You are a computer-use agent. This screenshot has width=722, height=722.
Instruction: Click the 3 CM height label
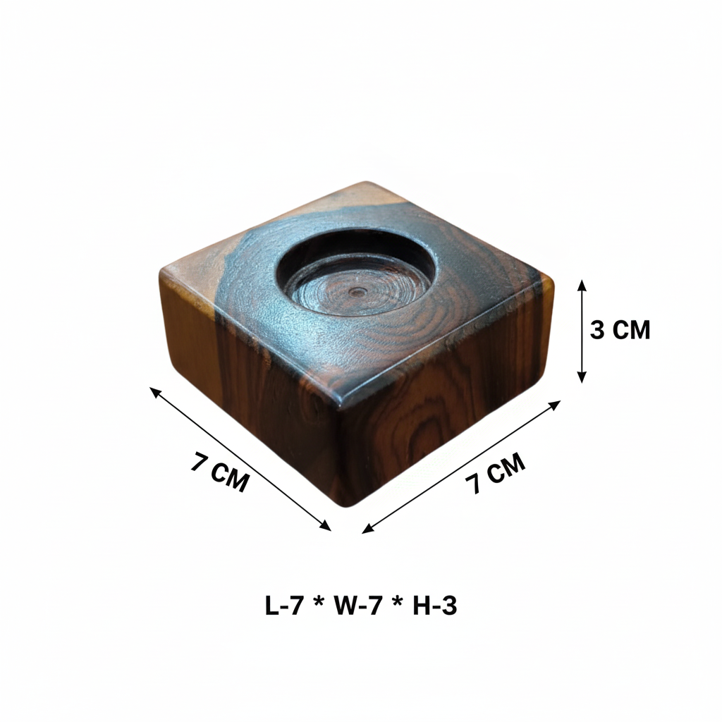click(620, 330)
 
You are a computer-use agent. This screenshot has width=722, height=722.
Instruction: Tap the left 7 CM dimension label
click(220, 472)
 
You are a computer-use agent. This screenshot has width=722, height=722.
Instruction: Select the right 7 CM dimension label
click(495, 472)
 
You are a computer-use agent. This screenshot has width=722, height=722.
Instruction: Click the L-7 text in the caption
click(284, 606)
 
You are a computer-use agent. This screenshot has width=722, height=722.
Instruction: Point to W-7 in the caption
click(357, 606)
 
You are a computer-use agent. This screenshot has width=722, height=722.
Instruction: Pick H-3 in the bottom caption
click(434, 606)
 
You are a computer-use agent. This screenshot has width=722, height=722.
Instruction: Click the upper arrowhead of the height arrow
click(582, 285)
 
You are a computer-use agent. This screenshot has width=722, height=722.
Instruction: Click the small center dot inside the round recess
click(357, 291)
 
